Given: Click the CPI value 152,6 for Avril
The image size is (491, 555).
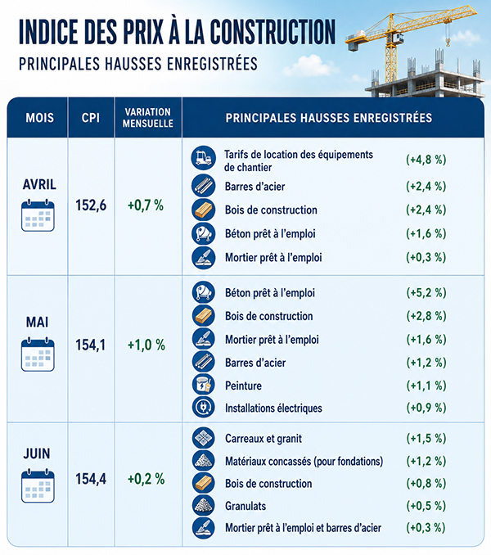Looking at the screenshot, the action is [91, 205].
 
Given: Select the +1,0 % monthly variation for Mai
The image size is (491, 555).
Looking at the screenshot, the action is [146, 345].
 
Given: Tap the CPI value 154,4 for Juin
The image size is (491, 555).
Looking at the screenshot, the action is [91, 479].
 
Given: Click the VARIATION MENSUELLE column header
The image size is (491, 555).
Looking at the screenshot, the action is [148, 118].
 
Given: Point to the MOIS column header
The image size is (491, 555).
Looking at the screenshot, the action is [39, 118].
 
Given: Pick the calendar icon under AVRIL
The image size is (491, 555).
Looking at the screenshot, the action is [38, 215].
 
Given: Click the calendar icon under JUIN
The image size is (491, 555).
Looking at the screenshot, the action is [38, 486].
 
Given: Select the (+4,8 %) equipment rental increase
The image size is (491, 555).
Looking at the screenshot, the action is [426, 160].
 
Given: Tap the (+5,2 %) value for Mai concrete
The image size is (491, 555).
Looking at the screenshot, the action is [426, 293].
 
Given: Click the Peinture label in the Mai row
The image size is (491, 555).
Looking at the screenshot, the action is [243, 386].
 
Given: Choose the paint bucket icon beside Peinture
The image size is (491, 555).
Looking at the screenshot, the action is [204, 385].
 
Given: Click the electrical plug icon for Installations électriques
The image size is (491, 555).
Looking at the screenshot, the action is [204, 407].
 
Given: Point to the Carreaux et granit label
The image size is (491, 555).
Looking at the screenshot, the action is [264, 439].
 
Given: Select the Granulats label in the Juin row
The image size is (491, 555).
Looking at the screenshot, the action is [245, 506].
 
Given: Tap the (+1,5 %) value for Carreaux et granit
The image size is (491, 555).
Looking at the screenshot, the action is [426, 439].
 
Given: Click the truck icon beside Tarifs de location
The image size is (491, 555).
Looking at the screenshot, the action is [204, 158].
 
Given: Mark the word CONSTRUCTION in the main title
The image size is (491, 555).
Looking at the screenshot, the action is [273, 32].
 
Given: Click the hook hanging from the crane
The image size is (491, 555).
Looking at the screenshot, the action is [448, 43].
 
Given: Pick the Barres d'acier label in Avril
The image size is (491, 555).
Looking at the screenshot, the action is [255, 187].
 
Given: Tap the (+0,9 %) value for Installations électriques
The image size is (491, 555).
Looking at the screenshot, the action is [426, 408].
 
